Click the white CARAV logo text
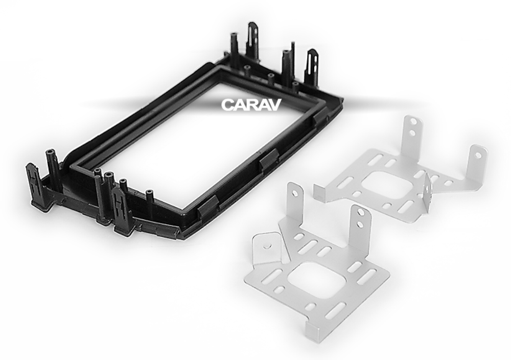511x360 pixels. pyautogui.click(x=251, y=105)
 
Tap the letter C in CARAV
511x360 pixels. pyautogui.click(x=227, y=105)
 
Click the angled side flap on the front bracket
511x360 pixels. pyautogui.click(x=267, y=250)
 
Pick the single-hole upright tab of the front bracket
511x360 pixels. pyautogui.click(x=294, y=204)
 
